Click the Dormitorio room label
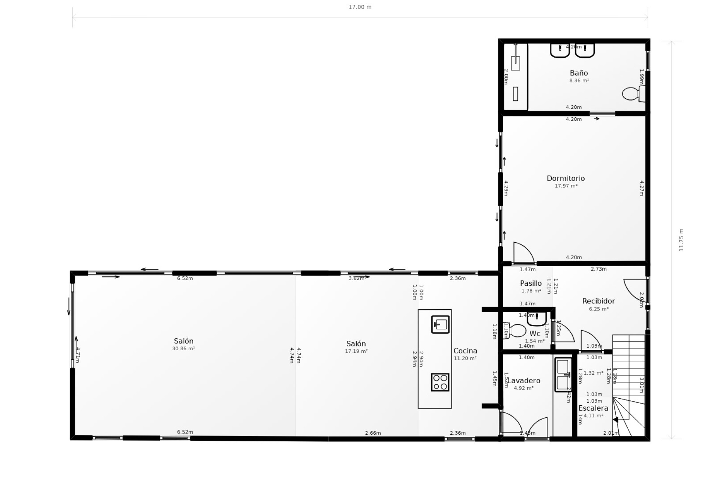565,178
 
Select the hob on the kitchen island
440,382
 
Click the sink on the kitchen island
440,324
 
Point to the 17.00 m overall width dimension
360,7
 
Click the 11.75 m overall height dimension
681,240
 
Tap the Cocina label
465,351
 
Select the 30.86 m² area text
183,349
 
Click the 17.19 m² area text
356,351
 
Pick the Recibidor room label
598,301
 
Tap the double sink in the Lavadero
562,375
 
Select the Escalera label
593,408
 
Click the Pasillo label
531,283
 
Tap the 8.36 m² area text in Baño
579,81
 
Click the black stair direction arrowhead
615,420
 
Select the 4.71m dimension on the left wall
77,355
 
